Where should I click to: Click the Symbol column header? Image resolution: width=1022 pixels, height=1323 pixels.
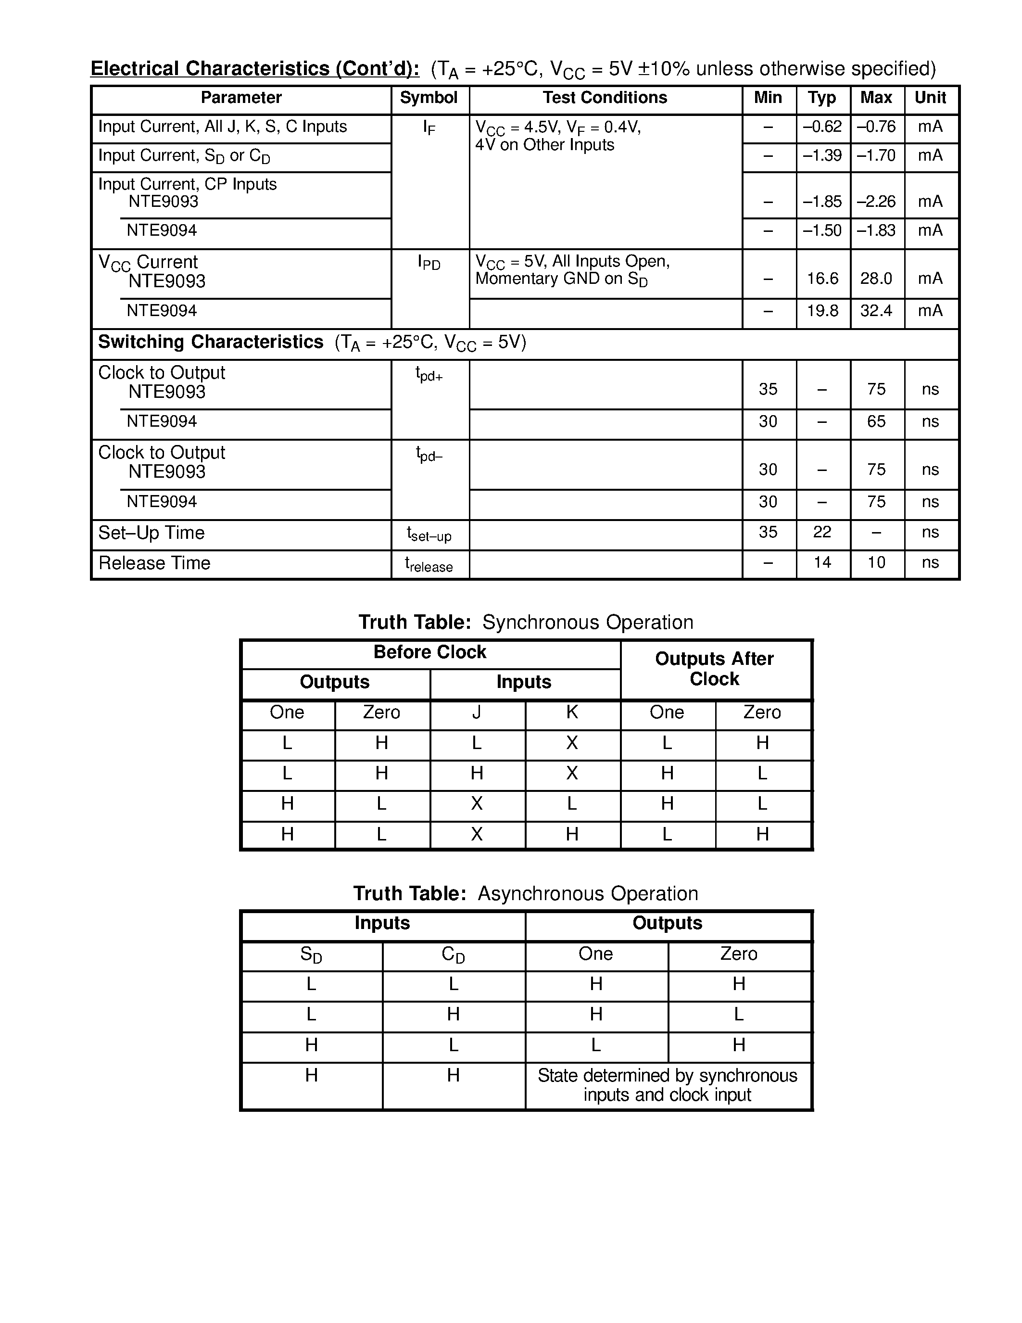tap(429, 98)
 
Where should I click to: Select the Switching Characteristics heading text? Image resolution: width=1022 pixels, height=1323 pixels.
tap(211, 342)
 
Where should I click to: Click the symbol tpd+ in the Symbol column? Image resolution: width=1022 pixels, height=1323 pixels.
tap(429, 374)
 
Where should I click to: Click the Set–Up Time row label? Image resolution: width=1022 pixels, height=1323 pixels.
tap(151, 533)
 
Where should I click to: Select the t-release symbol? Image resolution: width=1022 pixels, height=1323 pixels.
tap(429, 565)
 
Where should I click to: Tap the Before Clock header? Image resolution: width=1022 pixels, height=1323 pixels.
tap(430, 652)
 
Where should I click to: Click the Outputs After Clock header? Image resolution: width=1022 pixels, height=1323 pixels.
tap(714, 669)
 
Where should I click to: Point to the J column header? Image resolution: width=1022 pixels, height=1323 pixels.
tap(477, 712)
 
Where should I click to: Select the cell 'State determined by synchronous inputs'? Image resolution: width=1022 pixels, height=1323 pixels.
tap(667, 1085)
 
